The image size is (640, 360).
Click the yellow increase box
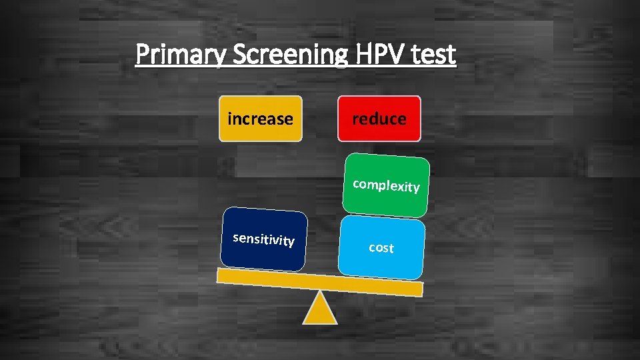pos(261,119)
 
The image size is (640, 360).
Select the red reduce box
pos(379,119)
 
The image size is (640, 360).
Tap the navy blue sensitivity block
pos(265,239)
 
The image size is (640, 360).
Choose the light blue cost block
pos(381,247)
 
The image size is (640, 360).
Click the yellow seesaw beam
pos(320,282)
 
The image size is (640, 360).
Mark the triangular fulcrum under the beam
pos(320,311)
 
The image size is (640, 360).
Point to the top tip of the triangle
pos(321,293)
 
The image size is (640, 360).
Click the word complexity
pos(386,185)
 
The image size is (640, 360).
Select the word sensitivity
pos(263,239)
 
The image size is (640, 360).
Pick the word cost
pos(381,247)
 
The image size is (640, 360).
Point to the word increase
pos(260,119)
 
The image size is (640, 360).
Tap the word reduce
pos(379,119)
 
